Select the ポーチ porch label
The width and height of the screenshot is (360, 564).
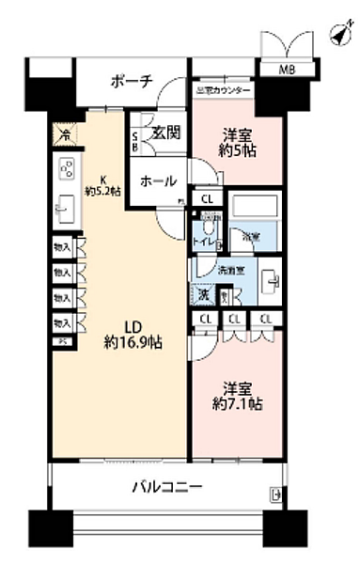tap(132, 82)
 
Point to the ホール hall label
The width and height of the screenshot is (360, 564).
tap(156, 181)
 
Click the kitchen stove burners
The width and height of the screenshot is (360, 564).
tap(67, 169)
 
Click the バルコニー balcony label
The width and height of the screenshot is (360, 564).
tap(165, 487)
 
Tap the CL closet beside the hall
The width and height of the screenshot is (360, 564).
tap(207, 200)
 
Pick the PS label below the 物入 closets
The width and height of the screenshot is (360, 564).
tap(62, 342)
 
